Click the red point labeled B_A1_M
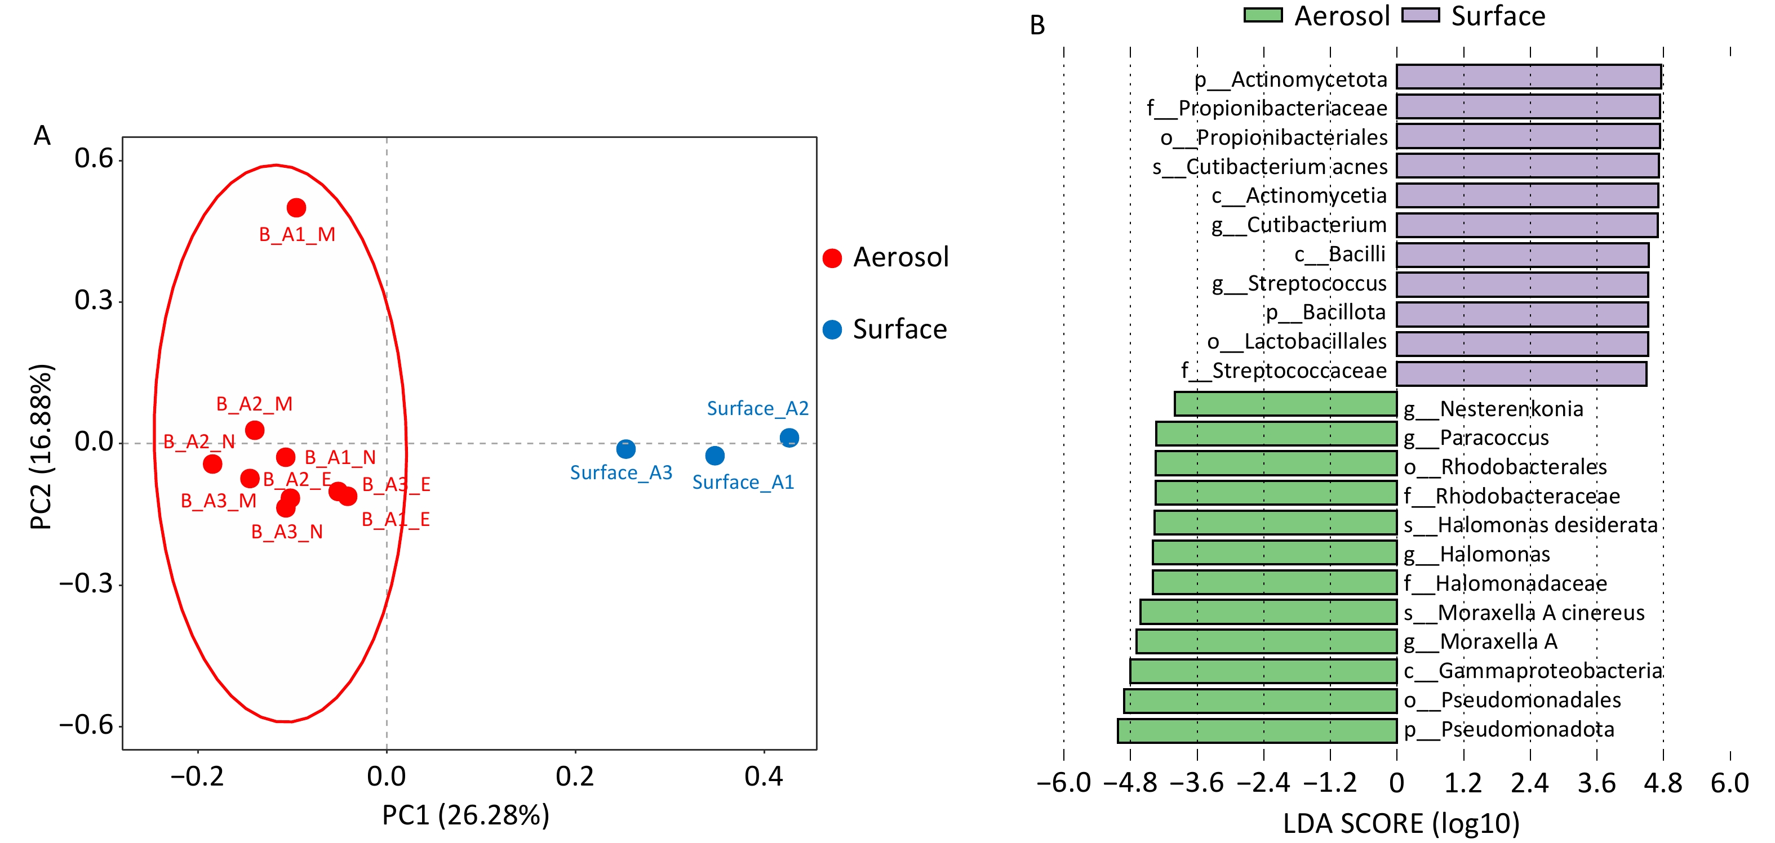(x=296, y=207)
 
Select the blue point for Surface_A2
(x=789, y=438)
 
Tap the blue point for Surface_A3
(x=625, y=449)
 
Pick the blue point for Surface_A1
(x=715, y=455)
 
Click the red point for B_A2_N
(x=213, y=463)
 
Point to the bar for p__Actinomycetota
(x=1528, y=77)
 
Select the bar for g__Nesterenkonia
(x=1286, y=404)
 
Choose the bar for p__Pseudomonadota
(x=1257, y=731)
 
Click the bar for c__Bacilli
(x=1522, y=255)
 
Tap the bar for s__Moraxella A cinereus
(x=1268, y=612)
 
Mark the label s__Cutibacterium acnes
(x=1270, y=167)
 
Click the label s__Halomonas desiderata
(x=1530, y=525)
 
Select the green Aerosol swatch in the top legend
(x=1262, y=15)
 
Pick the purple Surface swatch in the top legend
(x=1421, y=15)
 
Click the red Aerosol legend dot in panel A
(x=832, y=258)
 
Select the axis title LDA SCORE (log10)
(x=1401, y=824)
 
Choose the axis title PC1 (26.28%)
(x=466, y=815)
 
